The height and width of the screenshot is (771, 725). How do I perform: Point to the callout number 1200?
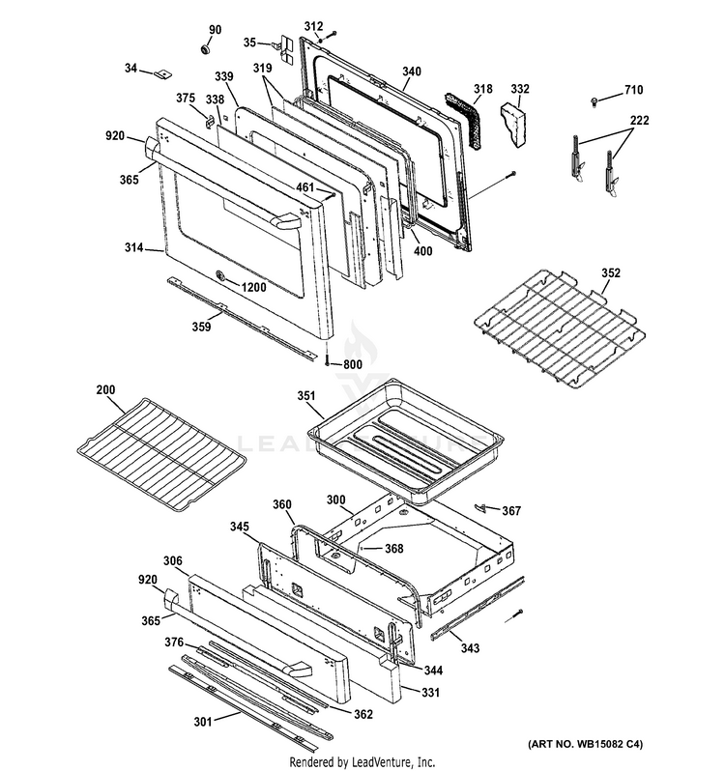252,288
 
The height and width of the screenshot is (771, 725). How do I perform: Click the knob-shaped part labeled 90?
207,48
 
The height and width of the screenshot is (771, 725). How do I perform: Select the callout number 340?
412,71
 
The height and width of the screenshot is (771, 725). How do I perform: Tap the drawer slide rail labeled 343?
478,607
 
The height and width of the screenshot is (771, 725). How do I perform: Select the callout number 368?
393,549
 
